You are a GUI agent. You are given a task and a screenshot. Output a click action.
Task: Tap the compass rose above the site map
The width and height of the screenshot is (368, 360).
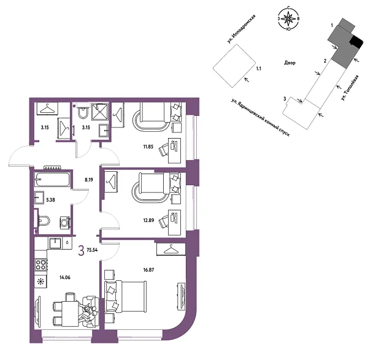tap(288, 19)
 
